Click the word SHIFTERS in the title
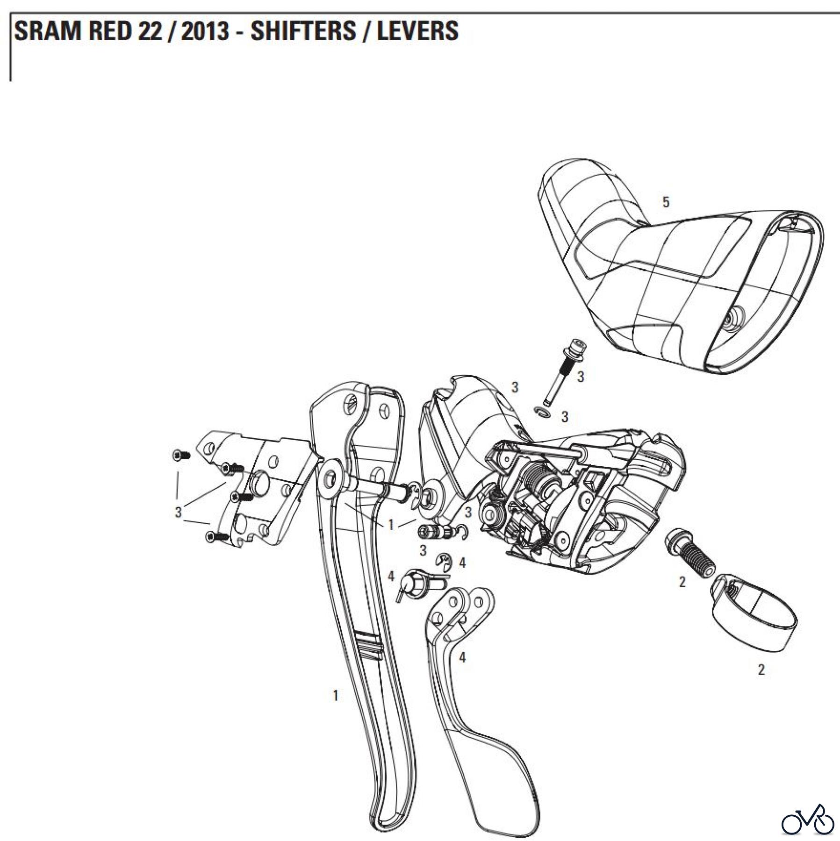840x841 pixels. [302, 31]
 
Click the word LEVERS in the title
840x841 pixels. [417, 31]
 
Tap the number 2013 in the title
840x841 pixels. [205, 31]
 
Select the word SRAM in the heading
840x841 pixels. [44, 31]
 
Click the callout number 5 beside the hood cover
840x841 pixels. [666, 202]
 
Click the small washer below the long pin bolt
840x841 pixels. [543, 412]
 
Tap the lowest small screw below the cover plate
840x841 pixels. [216, 538]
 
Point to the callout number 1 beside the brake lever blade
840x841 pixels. [335, 709]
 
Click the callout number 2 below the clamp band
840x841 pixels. [761, 670]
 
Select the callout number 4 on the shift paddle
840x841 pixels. [462, 657]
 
